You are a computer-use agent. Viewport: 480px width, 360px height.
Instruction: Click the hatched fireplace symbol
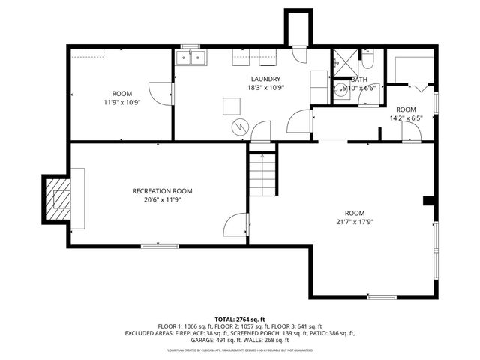[58, 198]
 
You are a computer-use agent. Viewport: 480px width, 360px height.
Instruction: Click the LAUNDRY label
[266, 79]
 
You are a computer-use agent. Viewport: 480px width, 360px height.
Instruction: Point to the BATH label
[358, 79]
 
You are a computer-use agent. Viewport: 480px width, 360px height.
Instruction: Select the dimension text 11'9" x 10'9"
[122, 101]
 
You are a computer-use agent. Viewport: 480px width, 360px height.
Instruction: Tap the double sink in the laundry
[191, 58]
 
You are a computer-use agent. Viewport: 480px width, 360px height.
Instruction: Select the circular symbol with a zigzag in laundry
[239, 127]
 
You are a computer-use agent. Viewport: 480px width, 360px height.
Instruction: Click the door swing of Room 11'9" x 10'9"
[160, 94]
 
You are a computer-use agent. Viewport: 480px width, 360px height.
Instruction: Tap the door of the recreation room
[236, 224]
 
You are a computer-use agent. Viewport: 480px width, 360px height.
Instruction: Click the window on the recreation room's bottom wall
[160, 245]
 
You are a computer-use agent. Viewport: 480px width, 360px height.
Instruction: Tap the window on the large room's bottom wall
[382, 297]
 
